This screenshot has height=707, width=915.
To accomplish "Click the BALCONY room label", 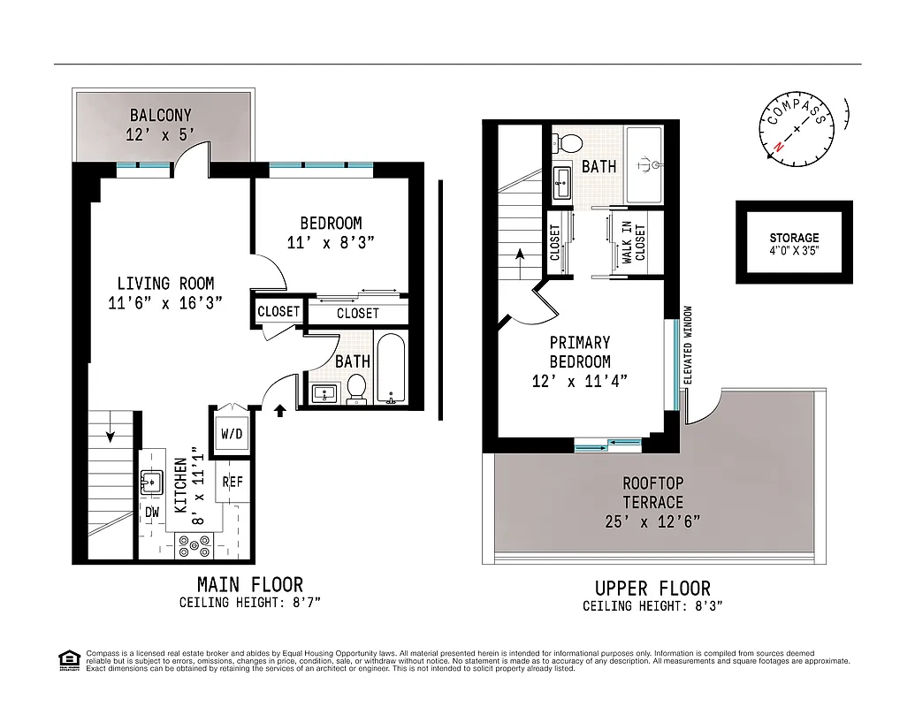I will coord(161,116).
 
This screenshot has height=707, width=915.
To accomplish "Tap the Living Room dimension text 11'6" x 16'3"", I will coord(165,302).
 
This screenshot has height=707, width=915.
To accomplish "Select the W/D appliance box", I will coord(231,435).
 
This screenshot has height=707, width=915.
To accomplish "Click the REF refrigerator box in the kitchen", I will coord(233,482).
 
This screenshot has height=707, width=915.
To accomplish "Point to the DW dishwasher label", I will coord(151,513).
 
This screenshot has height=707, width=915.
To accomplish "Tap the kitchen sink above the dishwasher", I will coord(151,483).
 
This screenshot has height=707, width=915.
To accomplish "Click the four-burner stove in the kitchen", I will coord(192,546).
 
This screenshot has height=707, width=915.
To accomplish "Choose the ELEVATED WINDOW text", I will coord(687,345).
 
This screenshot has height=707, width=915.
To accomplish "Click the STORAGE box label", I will coord(794,238).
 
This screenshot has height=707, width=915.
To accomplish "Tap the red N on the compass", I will coord(778,146).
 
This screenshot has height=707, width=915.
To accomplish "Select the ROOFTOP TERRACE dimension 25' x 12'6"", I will coord(652,521).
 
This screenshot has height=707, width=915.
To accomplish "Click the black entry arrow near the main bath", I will coord(281,409).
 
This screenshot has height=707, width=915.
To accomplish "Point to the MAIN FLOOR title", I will coord(249,584).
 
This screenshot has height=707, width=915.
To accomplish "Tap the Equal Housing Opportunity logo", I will coord(67,659).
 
